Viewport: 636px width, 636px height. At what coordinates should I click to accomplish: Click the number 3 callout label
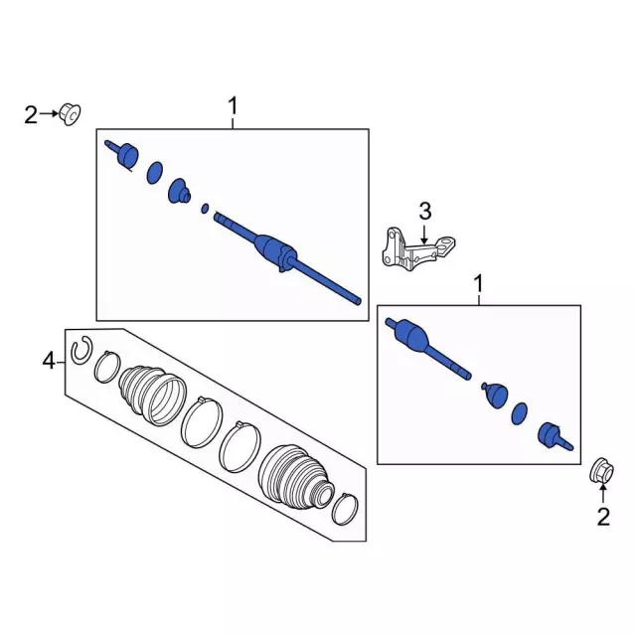click(424, 212)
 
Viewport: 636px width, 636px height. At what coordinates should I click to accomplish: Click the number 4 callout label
click(49, 360)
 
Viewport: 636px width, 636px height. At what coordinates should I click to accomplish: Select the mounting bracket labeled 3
click(418, 249)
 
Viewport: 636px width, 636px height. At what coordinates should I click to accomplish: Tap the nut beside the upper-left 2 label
click(71, 114)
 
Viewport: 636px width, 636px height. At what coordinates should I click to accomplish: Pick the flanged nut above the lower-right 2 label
click(601, 471)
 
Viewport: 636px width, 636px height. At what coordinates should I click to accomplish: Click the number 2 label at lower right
click(603, 517)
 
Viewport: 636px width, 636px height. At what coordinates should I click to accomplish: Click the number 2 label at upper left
click(31, 115)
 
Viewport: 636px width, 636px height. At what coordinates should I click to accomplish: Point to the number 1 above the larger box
click(233, 106)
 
